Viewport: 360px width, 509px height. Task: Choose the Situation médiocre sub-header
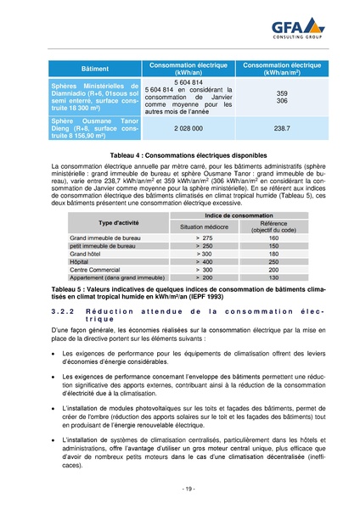point(204,227)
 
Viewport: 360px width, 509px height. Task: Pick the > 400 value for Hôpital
point(204,261)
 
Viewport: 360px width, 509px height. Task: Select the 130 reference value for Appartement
point(273,277)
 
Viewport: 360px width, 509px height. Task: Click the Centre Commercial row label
point(94,270)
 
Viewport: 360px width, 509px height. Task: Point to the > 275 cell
point(204,238)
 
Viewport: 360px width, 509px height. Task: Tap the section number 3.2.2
point(62,314)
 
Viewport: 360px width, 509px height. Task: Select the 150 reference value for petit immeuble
point(273,246)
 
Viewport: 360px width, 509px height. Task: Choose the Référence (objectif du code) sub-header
point(273,227)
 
